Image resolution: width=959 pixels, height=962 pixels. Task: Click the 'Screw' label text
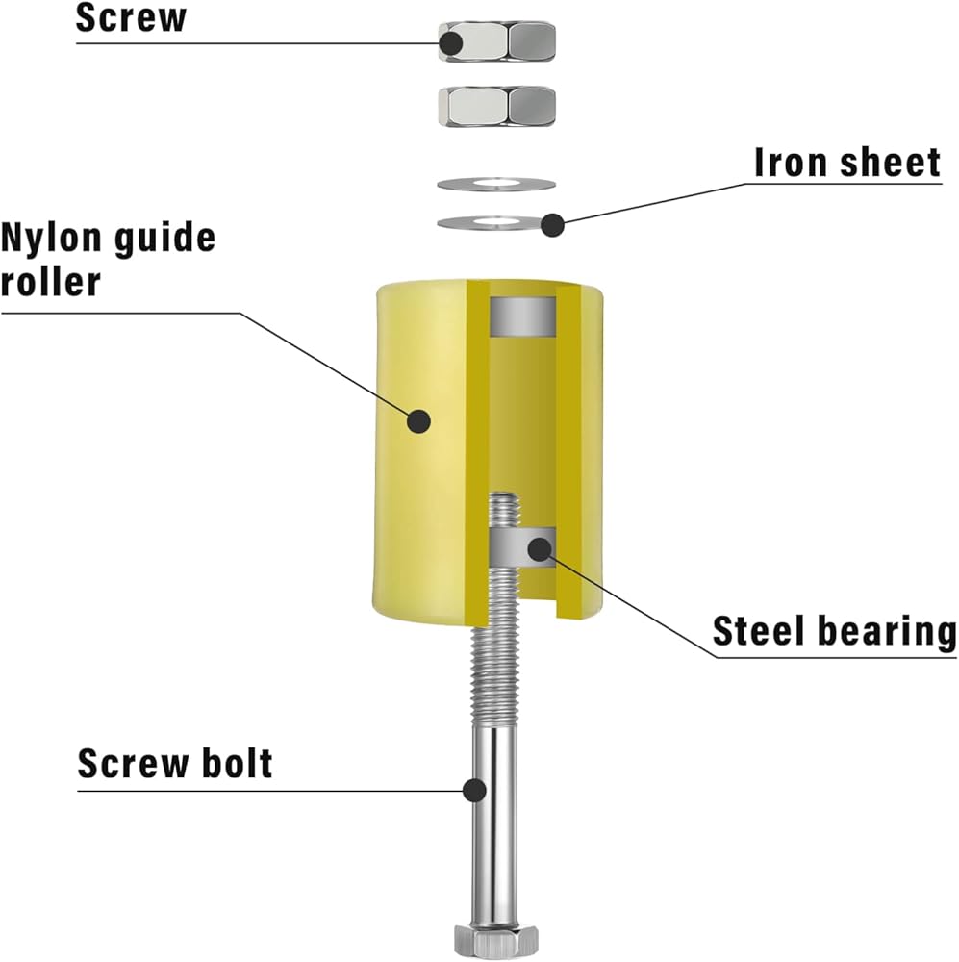click(x=131, y=18)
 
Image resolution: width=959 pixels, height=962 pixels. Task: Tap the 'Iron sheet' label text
click(x=846, y=163)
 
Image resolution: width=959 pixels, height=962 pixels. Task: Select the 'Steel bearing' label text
click(x=834, y=632)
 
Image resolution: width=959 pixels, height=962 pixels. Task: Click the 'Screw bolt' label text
click(x=175, y=763)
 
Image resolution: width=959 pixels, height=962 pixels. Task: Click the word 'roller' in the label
click(x=50, y=282)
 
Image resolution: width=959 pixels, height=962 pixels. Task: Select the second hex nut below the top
click(x=496, y=105)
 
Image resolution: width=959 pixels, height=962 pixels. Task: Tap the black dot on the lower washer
click(x=551, y=225)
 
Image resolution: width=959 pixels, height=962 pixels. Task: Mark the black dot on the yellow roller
click(x=418, y=420)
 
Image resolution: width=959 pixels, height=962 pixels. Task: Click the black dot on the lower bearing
click(x=540, y=548)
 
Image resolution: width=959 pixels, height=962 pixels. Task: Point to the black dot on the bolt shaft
click(x=473, y=790)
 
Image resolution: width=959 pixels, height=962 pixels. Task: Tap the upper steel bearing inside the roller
click(x=523, y=316)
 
